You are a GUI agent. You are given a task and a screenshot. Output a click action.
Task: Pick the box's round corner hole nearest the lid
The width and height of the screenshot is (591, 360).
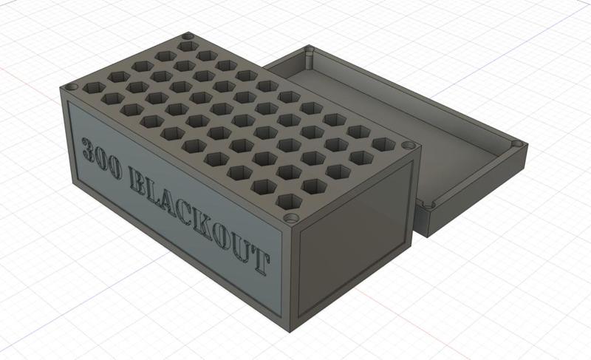tap(408, 146)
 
